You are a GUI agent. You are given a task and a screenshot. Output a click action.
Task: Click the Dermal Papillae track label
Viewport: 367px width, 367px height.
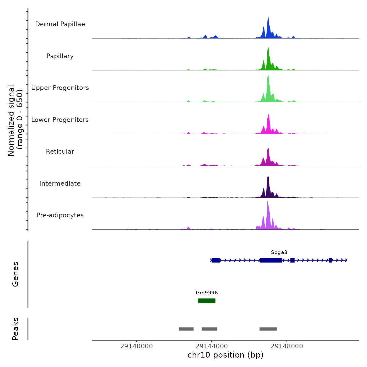pos(60,24)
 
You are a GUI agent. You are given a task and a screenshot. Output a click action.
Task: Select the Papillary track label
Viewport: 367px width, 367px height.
pos(60,56)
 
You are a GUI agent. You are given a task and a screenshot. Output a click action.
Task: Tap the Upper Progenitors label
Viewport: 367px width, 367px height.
pos(60,88)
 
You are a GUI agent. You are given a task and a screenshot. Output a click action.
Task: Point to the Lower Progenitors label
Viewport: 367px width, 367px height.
pos(60,120)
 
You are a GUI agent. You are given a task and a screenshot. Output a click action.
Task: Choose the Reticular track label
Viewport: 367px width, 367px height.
pos(60,152)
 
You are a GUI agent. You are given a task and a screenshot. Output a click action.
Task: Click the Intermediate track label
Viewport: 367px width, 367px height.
pos(60,183)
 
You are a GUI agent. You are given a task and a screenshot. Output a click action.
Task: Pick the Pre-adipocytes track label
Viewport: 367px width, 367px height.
pos(60,215)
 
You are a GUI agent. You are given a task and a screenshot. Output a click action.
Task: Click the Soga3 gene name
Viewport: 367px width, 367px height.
pos(279,252)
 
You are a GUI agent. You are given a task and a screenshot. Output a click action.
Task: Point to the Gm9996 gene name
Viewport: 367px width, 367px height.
pos(207,293)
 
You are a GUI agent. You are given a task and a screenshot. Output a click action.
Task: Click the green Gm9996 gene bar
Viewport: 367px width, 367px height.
pos(207,301)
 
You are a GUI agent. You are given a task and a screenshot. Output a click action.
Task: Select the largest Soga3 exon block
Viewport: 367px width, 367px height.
pos(271,260)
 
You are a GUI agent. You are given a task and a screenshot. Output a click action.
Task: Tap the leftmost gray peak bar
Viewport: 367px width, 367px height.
pos(186,329)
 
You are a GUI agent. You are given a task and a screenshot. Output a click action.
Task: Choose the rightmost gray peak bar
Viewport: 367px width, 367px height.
pos(268,329)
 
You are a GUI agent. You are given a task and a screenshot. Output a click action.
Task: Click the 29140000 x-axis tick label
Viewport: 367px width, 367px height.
pos(136,346)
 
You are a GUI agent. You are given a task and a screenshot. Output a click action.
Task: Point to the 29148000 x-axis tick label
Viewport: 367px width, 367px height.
pos(287,346)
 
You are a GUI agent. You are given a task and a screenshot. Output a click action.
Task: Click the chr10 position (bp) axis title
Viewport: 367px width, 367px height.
pos(225,355)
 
